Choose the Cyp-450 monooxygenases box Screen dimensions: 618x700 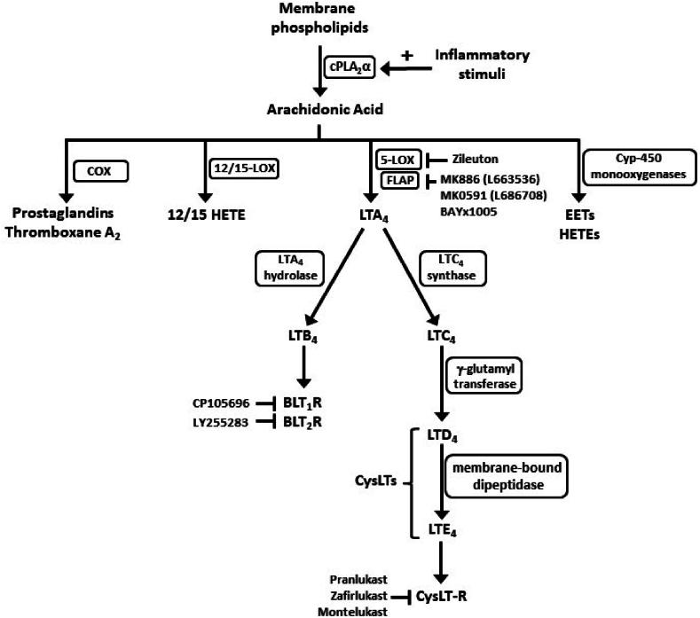click(x=625, y=167)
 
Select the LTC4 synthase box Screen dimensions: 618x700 click(x=449, y=268)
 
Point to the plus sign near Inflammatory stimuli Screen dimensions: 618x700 click(x=408, y=55)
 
